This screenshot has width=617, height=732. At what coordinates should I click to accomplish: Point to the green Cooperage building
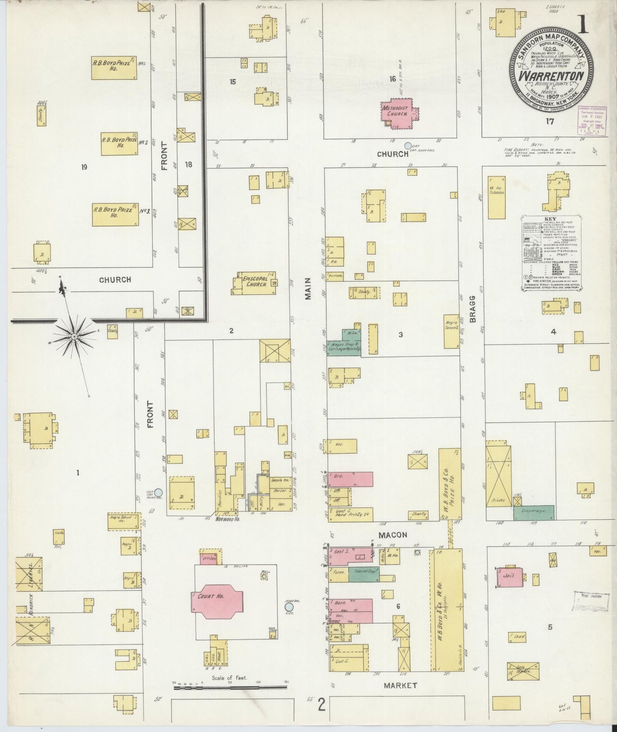coord(534,512)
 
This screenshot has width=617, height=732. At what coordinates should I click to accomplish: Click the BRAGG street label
coord(473,307)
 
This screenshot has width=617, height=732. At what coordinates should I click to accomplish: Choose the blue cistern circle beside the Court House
coord(289,607)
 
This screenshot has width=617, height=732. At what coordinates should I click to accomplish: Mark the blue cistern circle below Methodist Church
coord(408,146)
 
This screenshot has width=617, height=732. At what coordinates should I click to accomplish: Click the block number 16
coord(392,79)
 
